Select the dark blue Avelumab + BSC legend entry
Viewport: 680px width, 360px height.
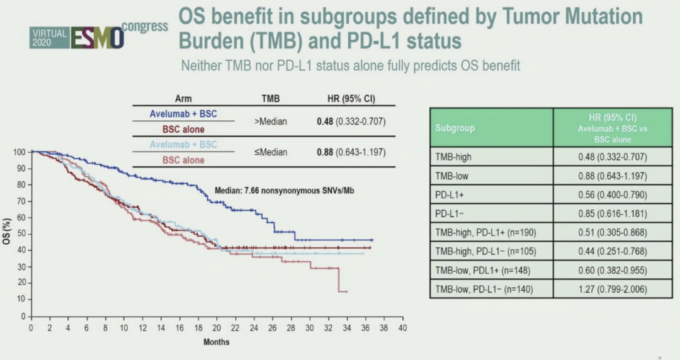[183, 114]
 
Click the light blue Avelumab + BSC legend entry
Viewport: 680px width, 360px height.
[183, 145]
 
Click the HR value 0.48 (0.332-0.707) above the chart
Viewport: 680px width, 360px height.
[350, 121]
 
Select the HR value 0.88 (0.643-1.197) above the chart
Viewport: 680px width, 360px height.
[350, 152]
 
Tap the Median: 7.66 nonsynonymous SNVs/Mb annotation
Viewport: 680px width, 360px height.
[284, 189]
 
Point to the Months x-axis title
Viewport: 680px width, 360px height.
[216, 342]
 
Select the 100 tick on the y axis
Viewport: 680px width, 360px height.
[20, 152]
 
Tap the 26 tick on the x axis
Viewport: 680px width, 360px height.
[273, 328]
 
